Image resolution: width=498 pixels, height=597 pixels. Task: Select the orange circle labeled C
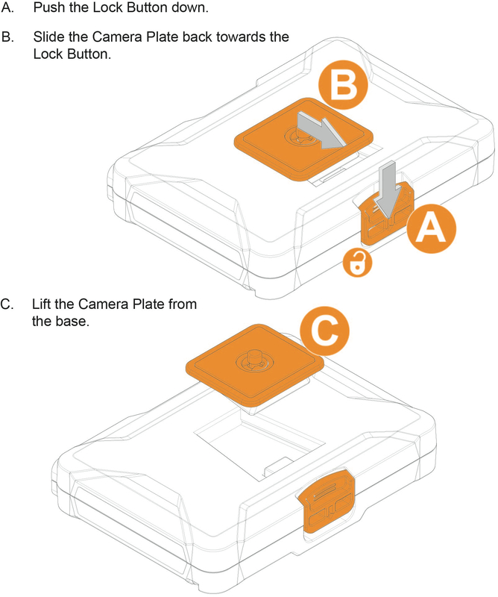(330, 334)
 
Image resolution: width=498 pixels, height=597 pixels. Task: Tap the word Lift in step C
(42, 306)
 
